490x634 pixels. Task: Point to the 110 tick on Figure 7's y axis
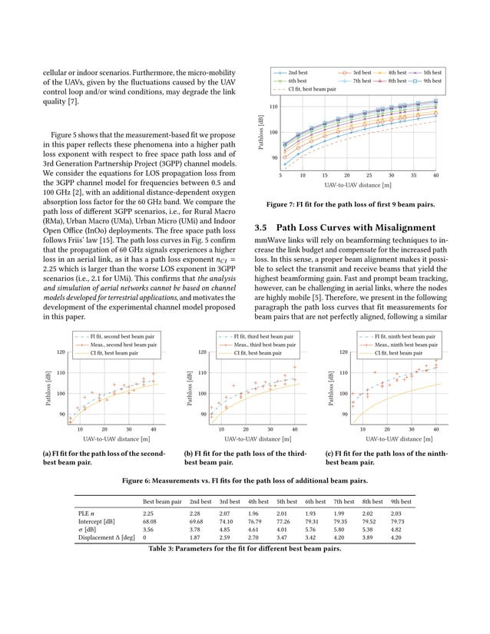273,107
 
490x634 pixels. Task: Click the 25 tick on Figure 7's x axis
369,175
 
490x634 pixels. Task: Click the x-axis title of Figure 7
357,185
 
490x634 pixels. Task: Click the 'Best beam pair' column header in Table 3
162,500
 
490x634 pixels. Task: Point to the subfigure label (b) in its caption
189,454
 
